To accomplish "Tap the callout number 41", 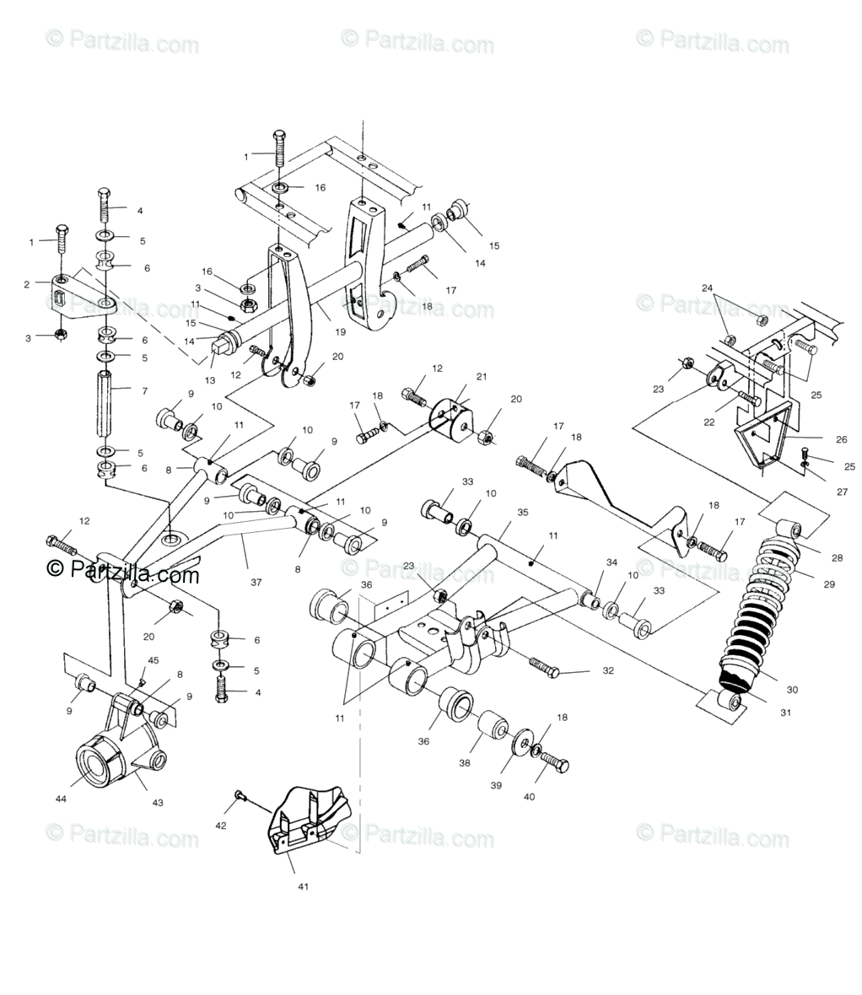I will (x=303, y=886).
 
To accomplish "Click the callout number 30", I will (x=791, y=689).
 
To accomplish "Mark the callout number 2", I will (x=27, y=285).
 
